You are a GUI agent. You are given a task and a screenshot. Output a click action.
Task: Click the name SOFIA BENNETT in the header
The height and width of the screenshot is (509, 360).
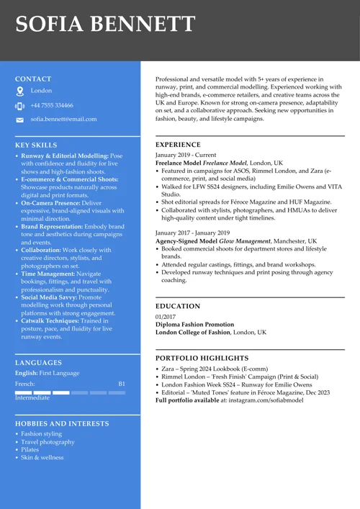pos(105,25)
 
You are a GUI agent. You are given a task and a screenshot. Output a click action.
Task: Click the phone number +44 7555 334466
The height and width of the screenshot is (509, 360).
pos(52,105)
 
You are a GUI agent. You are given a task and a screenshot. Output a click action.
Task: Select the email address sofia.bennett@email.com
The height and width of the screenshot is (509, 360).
pos(63,119)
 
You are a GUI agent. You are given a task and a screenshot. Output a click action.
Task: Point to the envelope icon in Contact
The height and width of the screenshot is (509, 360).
pos(19,120)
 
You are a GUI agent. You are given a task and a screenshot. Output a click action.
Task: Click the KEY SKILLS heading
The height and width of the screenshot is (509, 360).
pos(36,145)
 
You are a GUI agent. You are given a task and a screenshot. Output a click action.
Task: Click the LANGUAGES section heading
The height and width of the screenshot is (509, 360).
pos(38,363)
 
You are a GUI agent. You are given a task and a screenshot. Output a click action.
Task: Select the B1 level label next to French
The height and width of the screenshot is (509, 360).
pos(122,384)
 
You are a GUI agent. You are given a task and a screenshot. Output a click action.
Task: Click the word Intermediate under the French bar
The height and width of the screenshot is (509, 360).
pos(32,397)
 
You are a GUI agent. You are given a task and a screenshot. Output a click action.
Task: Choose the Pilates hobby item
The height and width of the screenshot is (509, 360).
pos(30,449)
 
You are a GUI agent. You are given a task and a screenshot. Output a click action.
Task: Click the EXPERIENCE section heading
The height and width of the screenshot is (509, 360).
pos(178,145)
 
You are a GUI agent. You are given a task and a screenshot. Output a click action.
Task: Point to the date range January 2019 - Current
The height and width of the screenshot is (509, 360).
pos(186,155)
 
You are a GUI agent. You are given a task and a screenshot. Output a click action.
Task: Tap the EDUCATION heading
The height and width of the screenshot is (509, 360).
pos(177,307)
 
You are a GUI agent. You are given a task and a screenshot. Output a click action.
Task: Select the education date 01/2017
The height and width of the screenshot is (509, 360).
pos(166,317)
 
